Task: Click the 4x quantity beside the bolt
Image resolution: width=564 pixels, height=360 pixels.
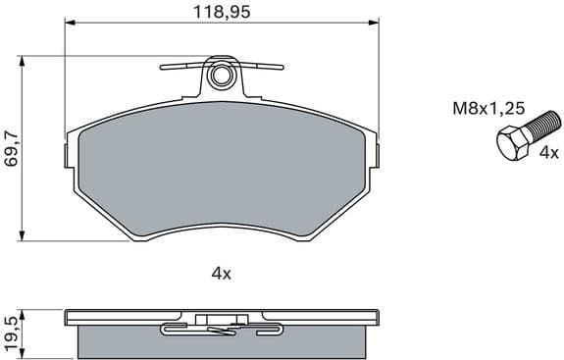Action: [548, 153]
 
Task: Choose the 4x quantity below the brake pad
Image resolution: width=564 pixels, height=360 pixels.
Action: [221, 275]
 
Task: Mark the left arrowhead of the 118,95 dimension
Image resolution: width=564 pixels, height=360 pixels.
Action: [70, 25]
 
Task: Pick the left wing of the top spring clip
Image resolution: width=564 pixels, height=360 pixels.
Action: [181, 68]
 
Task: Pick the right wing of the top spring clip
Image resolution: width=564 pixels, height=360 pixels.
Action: [263, 68]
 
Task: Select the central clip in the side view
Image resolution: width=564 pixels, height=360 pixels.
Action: [221, 321]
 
